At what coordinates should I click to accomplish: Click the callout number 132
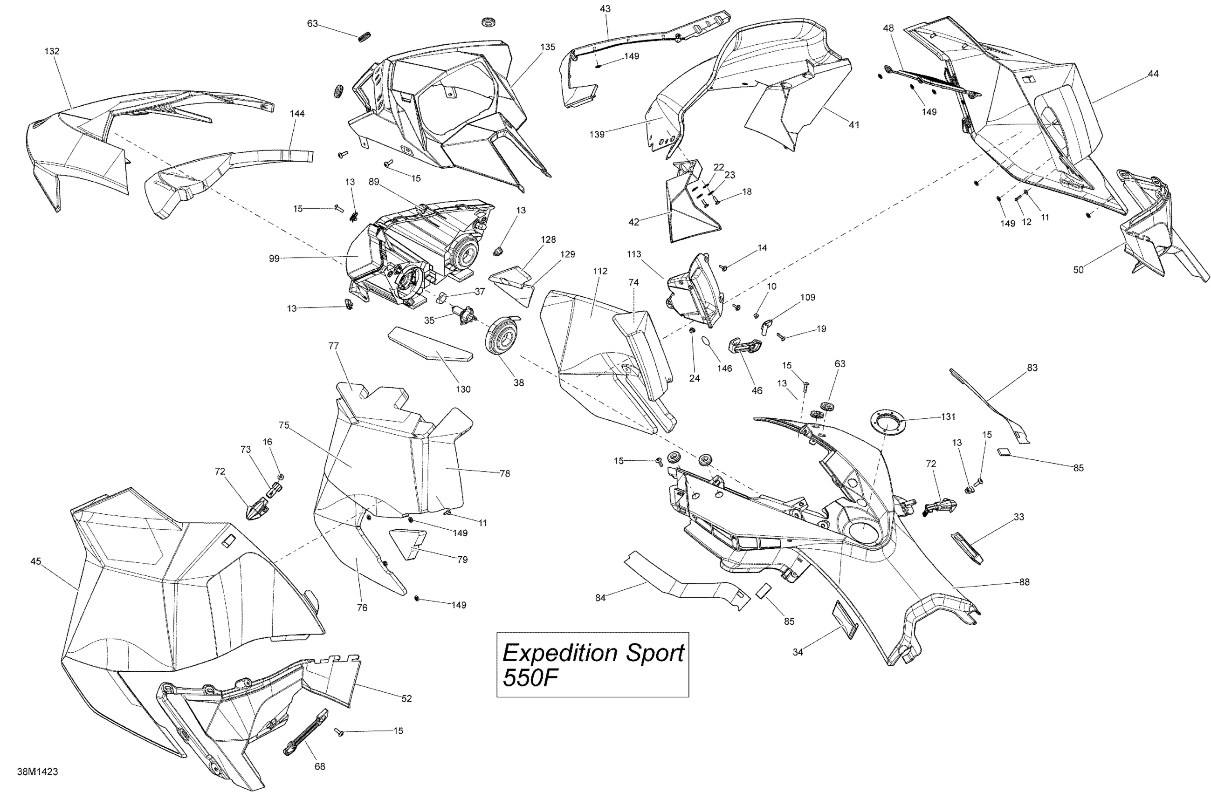(52, 51)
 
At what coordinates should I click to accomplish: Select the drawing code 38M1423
(37, 772)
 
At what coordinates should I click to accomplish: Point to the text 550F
(527, 678)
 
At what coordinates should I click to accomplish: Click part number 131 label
(948, 416)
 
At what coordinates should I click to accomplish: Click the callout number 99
(274, 259)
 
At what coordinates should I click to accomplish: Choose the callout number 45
(35, 561)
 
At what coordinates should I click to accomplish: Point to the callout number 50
(1079, 270)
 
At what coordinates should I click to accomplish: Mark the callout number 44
(1154, 74)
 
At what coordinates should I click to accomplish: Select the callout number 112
(600, 271)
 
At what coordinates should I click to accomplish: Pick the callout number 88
(1024, 582)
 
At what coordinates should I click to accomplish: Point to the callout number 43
(605, 9)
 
